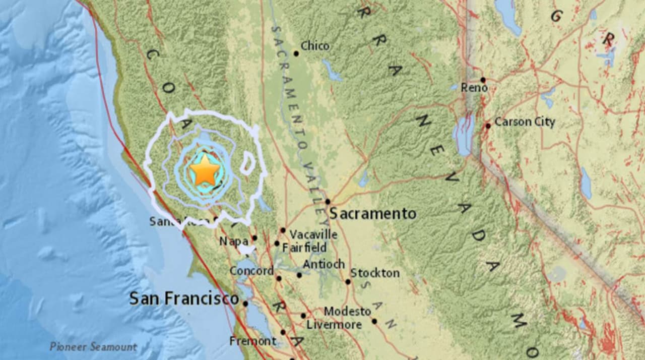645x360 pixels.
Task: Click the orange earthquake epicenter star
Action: (205, 170)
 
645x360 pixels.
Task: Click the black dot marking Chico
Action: (296, 53)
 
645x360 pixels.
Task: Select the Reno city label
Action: (474, 88)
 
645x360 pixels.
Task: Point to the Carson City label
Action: (525, 122)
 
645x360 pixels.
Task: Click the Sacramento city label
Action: (373, 214)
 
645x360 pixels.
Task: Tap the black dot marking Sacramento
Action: (328, 202)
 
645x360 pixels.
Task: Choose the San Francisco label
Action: (184, 298)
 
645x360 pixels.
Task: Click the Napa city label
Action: (234, 242)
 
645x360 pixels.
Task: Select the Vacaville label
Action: (313, 234)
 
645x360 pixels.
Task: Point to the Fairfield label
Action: (304, 248)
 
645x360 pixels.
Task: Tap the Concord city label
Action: (251, 271)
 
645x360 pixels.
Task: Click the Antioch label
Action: (324, 264)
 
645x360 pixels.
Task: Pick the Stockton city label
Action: (375, 273)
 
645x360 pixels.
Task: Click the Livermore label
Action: (334, 325)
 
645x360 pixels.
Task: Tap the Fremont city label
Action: (252, 341)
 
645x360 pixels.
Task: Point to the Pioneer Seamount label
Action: (93, 347)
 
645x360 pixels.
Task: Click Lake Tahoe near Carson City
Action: (463, 134)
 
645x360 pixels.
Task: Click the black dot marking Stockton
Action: (348, 281)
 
